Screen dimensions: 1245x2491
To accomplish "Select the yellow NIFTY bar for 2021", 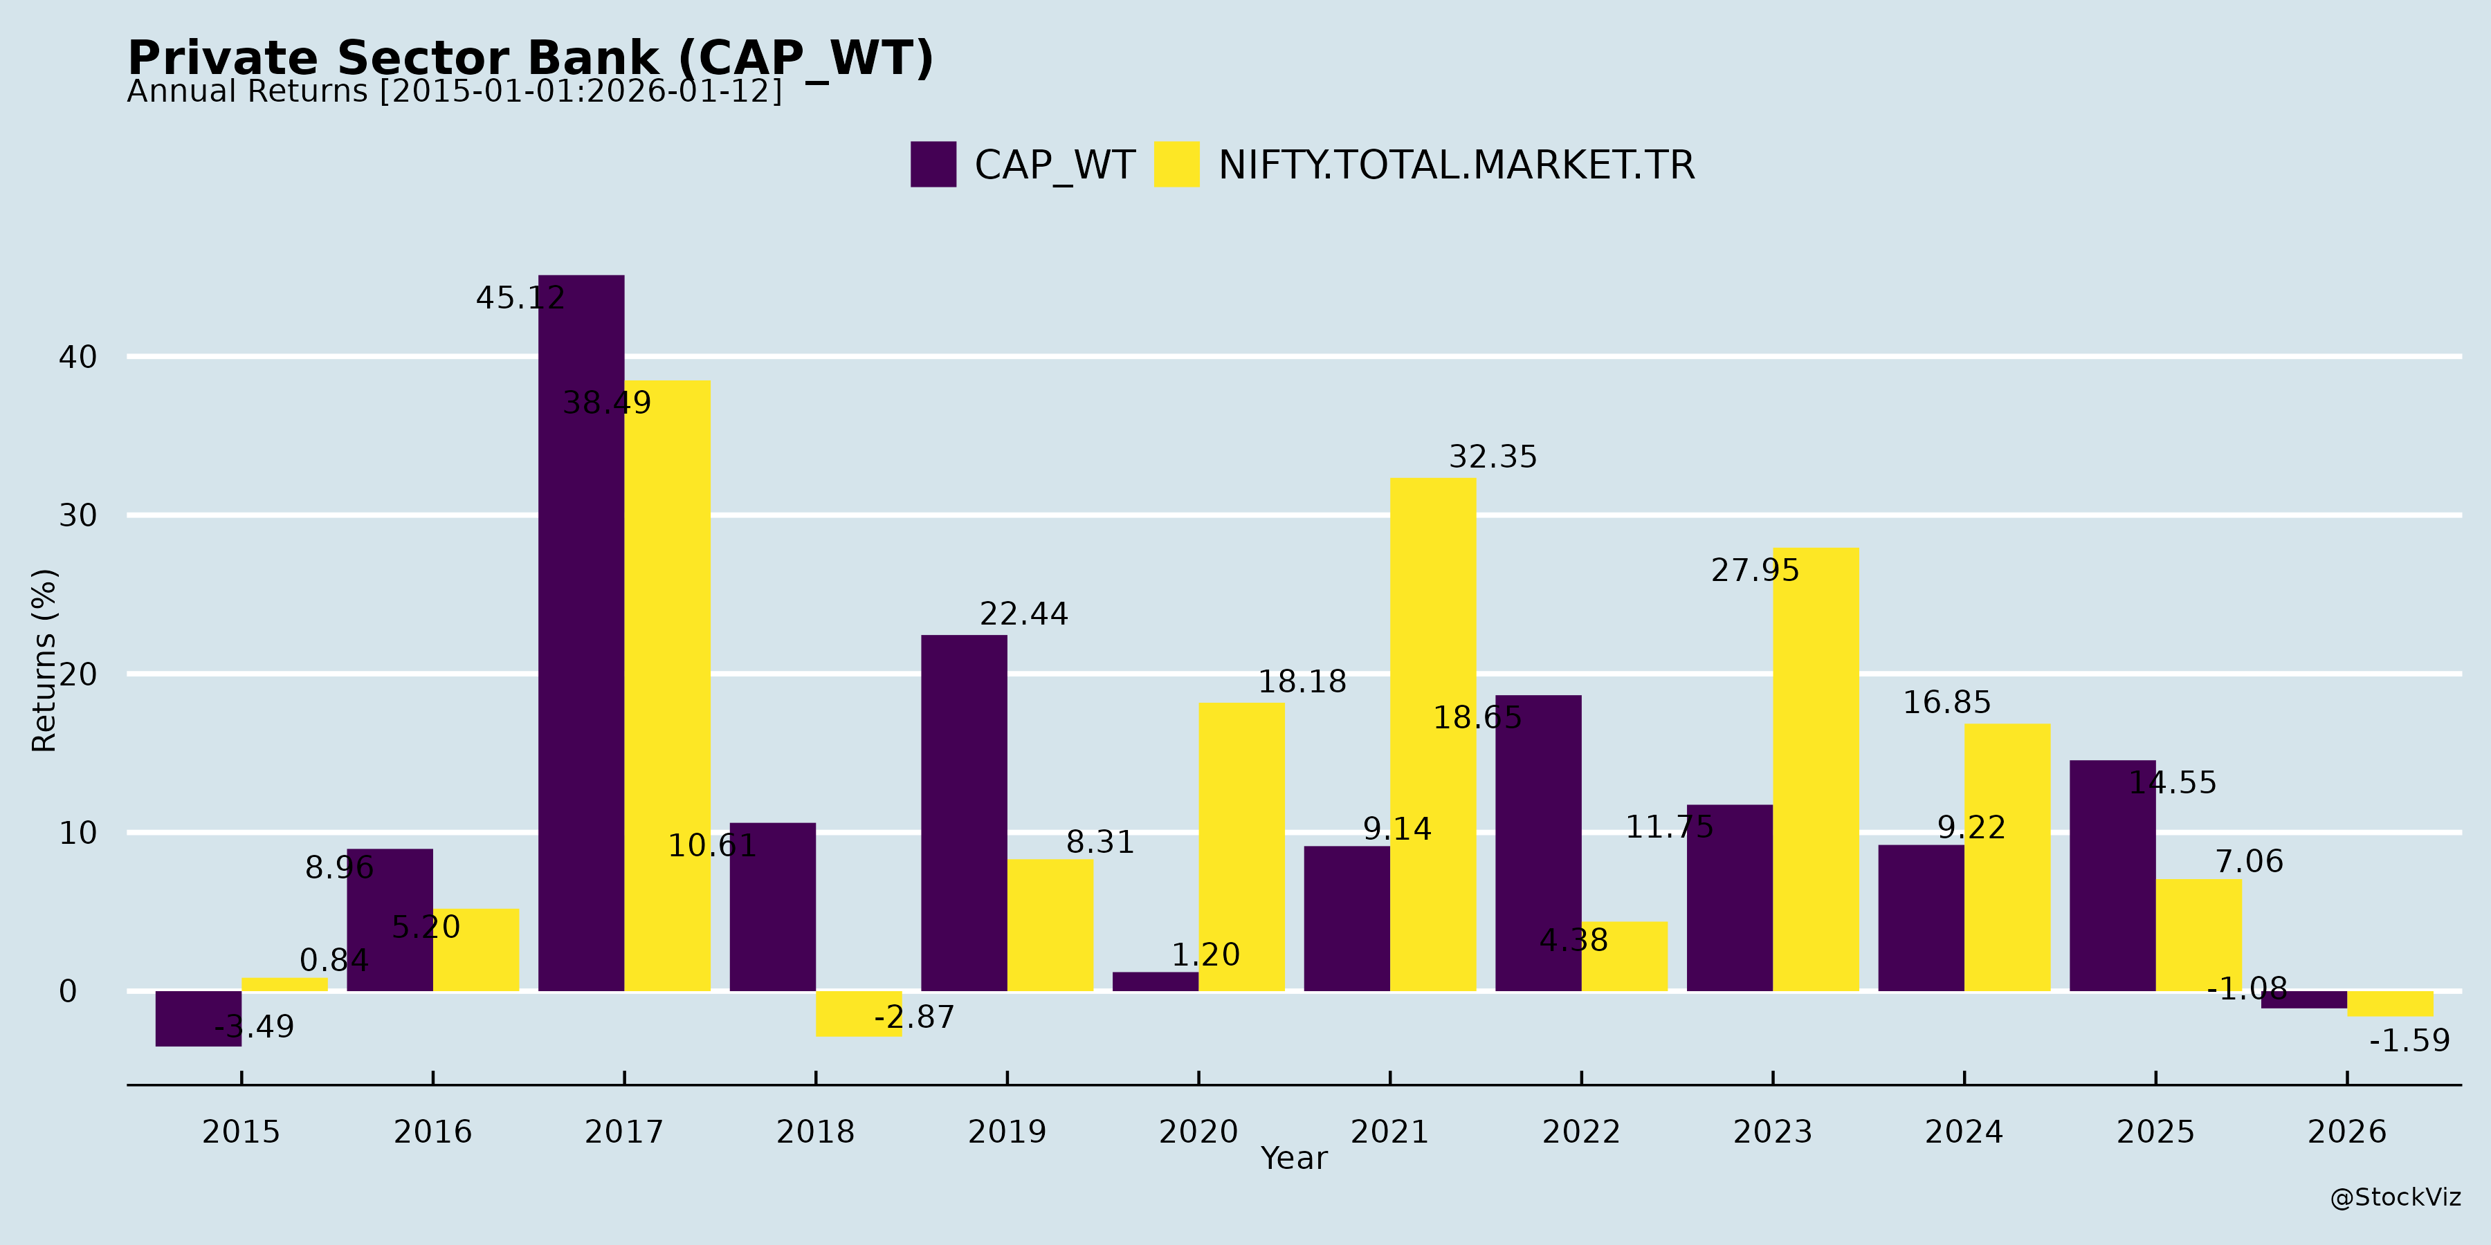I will [x=1433, y=735].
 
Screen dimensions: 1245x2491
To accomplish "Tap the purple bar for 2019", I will [x=964, y=813].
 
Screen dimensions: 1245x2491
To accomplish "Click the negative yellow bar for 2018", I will [x=859, y=1014].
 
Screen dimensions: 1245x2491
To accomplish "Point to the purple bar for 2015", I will [x=198, y=1019].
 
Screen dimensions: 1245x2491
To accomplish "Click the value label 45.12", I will [x=520, y=297].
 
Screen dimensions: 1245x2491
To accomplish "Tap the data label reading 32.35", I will [x=1492, y=456].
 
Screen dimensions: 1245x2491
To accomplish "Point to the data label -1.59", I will [x=2409, y=1041].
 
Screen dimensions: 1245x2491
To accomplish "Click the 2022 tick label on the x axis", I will [x=1581, y=1131].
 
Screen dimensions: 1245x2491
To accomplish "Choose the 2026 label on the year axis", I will [x=2347, y=1131].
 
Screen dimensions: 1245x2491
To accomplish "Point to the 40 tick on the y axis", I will [x=77, y=357].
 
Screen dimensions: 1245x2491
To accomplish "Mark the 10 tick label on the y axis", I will [x=77, y=832].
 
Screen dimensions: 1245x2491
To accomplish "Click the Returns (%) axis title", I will [x=44, y=661].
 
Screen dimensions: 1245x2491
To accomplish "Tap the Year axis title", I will [x=1294, y=1158].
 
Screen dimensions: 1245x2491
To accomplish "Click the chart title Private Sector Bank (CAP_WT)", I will [x=531, y=58].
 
